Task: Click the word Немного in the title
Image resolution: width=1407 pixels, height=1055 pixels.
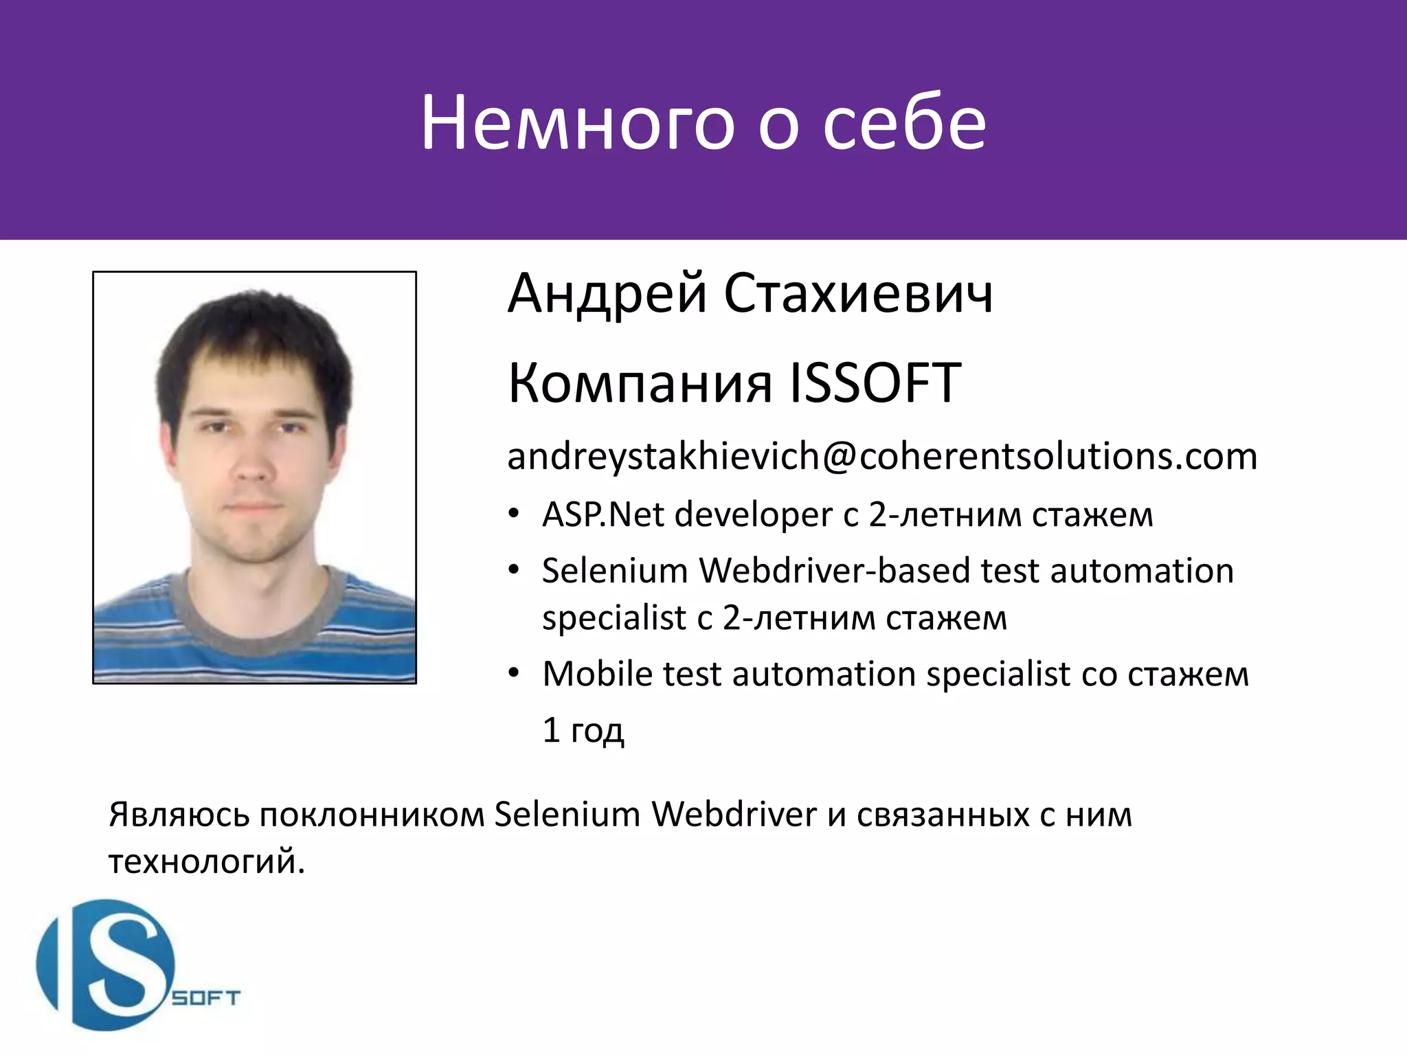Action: [x=578, y=124]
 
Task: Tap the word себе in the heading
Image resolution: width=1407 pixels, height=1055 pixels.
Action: [x=904, y=124]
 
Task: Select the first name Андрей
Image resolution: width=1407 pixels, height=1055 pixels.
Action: [x=607, y=294]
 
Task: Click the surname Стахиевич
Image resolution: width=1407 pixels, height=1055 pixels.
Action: [x=858, y=294]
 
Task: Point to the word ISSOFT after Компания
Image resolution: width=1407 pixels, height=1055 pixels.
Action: [x=875, y=383]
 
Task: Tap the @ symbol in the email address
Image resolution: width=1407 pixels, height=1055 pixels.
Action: [x=839, y=457]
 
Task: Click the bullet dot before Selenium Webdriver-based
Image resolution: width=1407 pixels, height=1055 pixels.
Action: [x=514, y=570]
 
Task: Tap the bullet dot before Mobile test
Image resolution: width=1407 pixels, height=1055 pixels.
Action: [x=514, y=673]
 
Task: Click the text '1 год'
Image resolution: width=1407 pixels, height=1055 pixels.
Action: [x=583, y=730]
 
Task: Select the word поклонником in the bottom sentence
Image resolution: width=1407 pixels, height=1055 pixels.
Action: [x=372, y=815]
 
